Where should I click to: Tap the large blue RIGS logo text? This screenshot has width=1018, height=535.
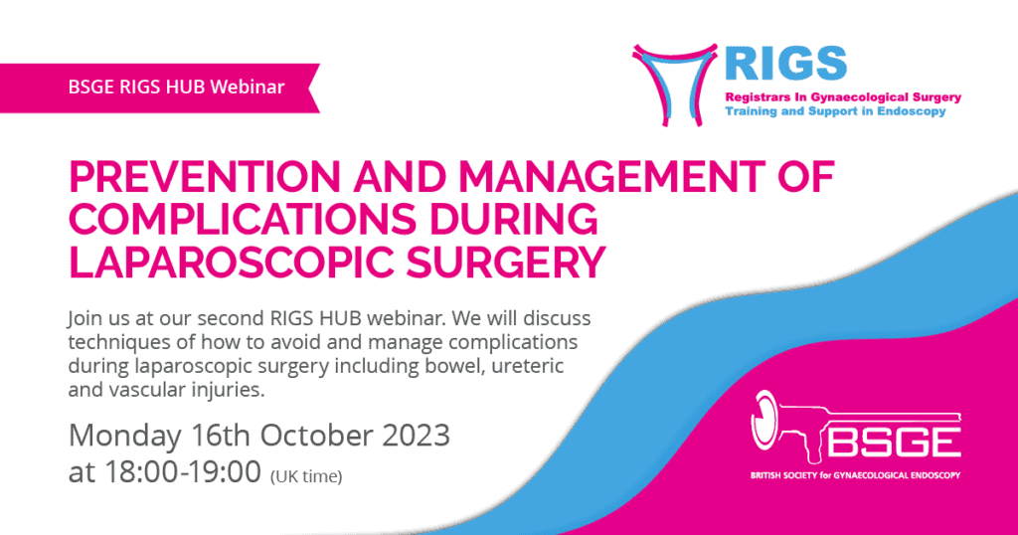(x=785, y=64)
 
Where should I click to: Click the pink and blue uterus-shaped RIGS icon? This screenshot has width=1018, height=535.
(x=675, y=85)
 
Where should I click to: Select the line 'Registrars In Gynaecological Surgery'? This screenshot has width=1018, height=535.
(x=843, y=97)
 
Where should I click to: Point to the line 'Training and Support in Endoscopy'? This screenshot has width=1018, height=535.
(x=835, y=111)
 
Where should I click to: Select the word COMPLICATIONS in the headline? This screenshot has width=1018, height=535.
(x=243, y=219)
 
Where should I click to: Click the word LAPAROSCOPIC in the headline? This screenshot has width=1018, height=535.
(x=231, y=262)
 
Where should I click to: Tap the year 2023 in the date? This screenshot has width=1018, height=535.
(x=416, y=435)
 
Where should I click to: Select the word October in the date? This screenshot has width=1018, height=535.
(x=316, y=435)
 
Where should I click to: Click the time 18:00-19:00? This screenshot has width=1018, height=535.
(x=183, y=472)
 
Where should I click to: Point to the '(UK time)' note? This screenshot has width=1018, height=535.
(x=306, y=476)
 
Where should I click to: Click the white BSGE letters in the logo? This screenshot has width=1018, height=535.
(x=895, y=443)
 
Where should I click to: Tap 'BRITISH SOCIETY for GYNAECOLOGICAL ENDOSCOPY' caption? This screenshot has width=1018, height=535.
(x=855, y=475)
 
